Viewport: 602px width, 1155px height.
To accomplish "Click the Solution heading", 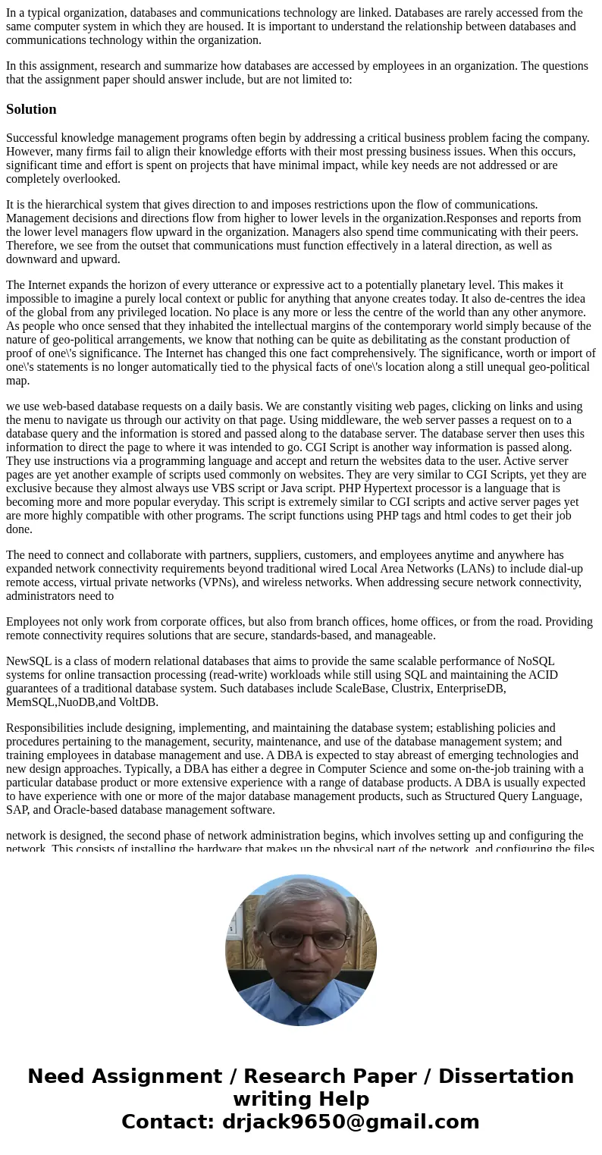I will (x=31, y=109).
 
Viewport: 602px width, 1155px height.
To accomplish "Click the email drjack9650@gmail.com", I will (x=350, y=1122).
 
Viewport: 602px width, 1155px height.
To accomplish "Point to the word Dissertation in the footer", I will (x=506, y=1076).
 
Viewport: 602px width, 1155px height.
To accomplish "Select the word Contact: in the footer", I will (x=168, y=1122).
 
